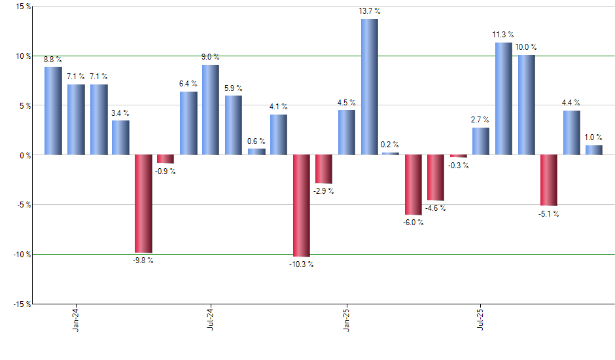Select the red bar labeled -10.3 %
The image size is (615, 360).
coord(302,206)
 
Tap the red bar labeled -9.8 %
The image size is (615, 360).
coord(143,204)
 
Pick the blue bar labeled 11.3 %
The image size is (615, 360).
coord(504,99)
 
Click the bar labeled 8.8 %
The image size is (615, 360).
coord(53,111)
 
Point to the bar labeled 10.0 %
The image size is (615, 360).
coord(527,105)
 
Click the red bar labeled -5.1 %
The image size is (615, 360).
coord(549,180)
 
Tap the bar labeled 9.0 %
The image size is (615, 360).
coord(211,110)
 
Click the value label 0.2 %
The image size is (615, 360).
coord(390,145)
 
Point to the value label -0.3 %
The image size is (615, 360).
coord(458,166)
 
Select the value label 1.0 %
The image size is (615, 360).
coord(593,137)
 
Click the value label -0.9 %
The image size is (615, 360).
coord(165,171)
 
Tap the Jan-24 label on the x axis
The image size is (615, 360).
coord(76,319)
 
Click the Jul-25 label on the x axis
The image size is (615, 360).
coord(482,319)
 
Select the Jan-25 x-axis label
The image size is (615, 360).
coord(346,319)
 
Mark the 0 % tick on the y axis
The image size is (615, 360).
coord(24,155)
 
